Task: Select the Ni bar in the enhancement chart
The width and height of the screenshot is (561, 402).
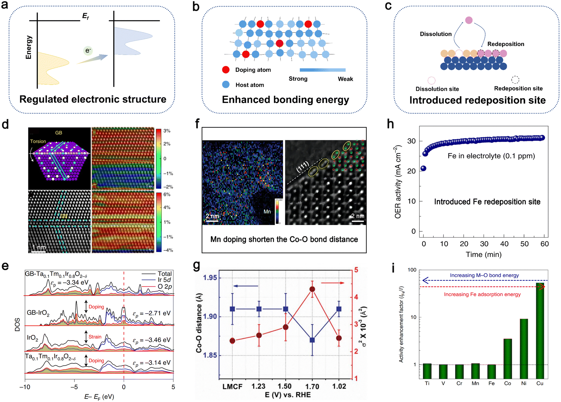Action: click(524, 348)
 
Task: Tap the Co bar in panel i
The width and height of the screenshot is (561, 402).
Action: click(507, 358)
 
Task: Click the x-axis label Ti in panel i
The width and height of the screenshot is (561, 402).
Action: click(427, 383)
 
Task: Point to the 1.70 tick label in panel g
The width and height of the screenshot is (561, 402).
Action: click(312, 386)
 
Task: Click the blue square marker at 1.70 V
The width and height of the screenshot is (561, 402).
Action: click(312, 340)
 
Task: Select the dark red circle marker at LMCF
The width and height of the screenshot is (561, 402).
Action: click(232, 341)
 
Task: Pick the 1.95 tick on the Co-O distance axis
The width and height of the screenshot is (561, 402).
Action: click(210, 278)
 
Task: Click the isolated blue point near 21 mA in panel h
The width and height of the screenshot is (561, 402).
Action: click(423, 168)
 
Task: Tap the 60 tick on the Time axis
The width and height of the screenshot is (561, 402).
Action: click(544, 244)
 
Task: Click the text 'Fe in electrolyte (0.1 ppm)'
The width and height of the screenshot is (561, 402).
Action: click(491, 156)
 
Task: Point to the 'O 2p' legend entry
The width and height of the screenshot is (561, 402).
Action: click(165, 287)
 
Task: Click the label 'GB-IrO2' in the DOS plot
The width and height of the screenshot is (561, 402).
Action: click(38, 313)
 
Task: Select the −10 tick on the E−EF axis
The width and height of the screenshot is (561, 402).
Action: click(25, 387)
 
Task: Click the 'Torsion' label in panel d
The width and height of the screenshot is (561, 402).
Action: click(38, 141)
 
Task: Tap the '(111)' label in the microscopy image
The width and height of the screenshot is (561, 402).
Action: click(302, 167)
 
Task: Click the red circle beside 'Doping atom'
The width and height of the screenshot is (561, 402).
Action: click(226, 70)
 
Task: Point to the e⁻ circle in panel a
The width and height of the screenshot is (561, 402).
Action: click(88, 51)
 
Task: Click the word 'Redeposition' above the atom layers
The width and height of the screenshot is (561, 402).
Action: click(505, 44)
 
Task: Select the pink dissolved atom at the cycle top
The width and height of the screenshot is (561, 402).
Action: click(469, 20)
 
